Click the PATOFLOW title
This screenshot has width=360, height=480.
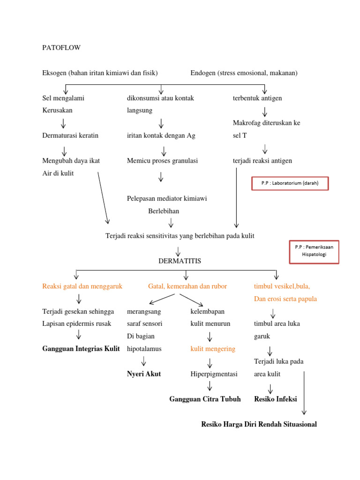point(61,48)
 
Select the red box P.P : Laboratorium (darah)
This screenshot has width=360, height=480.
point(289,183)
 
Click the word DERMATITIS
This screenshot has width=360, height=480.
point(180,261)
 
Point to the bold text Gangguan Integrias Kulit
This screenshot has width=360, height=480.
point(81,349)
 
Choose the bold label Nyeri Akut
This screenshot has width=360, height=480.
point(143,374)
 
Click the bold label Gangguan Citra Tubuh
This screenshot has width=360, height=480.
point(205,399)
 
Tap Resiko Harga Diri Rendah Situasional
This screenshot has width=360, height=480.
point(259,424)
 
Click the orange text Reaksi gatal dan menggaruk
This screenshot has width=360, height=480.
point(82,286)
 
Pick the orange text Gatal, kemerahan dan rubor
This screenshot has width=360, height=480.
point(187,286)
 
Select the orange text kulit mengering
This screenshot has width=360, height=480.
point(213,349)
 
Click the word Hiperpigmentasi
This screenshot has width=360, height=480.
point(214,374)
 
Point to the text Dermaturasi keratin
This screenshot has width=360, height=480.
point(70,135)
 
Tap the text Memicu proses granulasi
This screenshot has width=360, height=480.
point(162,161)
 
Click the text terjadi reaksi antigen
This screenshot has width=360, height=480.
point(262,161)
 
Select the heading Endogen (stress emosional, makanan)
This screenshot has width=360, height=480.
point(244,73)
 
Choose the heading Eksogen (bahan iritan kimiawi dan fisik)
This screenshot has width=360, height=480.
point(100,73)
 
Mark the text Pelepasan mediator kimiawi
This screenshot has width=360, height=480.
point(167,198)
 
